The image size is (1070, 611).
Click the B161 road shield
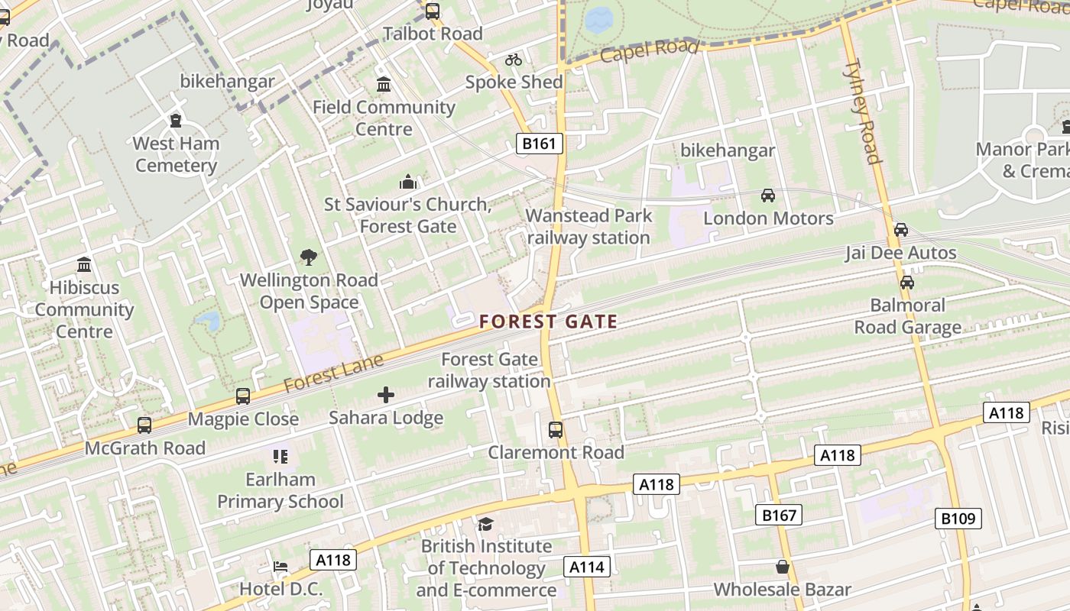click(539, 144)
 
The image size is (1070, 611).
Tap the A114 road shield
click(587, 567)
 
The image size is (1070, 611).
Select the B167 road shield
click(780, 516)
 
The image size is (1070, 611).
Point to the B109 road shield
click(958, 519)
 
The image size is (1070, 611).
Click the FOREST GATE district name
click(548, 322)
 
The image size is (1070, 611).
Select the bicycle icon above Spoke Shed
click(514, 60)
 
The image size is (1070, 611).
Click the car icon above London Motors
click(768, 196)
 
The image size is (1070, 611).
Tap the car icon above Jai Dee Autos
click(901, 230)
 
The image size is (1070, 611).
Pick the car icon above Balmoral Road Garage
click(907, 283)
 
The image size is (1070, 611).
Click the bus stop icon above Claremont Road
click(556, 430)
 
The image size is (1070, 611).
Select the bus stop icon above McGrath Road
click(144, 425)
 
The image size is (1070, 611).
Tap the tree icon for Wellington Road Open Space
click(309, 257)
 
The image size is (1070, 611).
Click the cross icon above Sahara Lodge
click(386, 395)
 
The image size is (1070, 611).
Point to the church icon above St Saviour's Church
click(408, 183)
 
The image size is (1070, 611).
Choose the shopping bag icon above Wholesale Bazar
click(782, 567)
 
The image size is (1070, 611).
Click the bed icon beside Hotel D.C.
click(280, 567)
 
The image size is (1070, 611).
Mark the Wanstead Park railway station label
click(588, 227)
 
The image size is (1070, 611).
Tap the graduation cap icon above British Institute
click(485, 524)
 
